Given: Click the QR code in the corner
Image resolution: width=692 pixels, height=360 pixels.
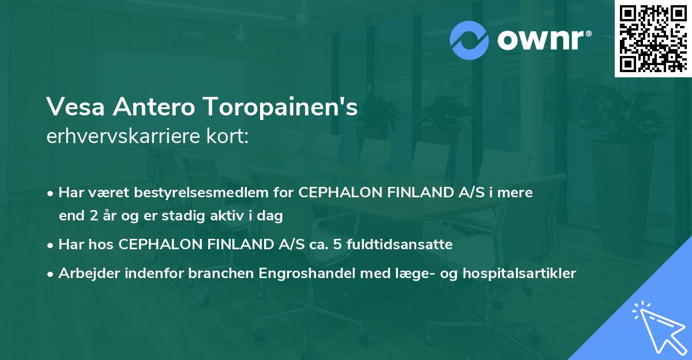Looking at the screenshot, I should pos(653,39).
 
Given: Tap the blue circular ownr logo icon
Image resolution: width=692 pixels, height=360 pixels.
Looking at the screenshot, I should pos(469,40).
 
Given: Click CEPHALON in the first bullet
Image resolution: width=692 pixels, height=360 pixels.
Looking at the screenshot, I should pos(336,193).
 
